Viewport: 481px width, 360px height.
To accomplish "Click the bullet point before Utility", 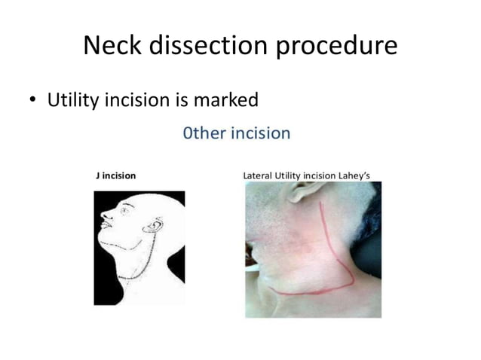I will [x=35, y=99].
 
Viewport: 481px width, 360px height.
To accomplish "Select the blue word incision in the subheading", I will [x=260, y=134].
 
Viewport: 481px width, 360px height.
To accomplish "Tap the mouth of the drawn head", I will [x=109, y=236].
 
